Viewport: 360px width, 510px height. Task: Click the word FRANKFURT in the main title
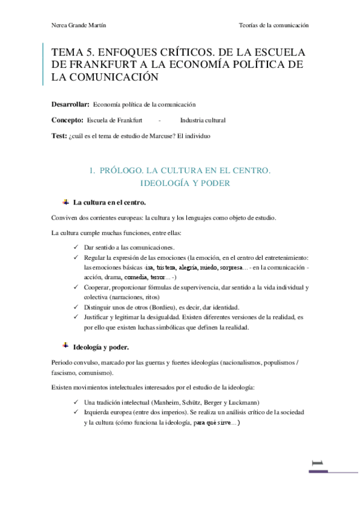(105, 64)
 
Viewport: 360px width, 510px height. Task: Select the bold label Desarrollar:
(71, 104)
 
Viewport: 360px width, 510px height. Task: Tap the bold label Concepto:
(68, 120)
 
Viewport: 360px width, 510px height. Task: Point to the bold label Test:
(60, 136)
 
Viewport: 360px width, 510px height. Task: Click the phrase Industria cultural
(203, 120)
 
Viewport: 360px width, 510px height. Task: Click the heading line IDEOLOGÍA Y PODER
(185, 183)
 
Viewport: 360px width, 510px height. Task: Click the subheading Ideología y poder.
(100, 347)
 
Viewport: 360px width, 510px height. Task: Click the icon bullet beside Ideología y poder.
(65, 346)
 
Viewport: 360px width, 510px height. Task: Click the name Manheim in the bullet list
(172, 402)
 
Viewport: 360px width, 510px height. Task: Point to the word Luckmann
(240, 402)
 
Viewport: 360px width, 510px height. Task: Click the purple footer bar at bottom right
(334, 472)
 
